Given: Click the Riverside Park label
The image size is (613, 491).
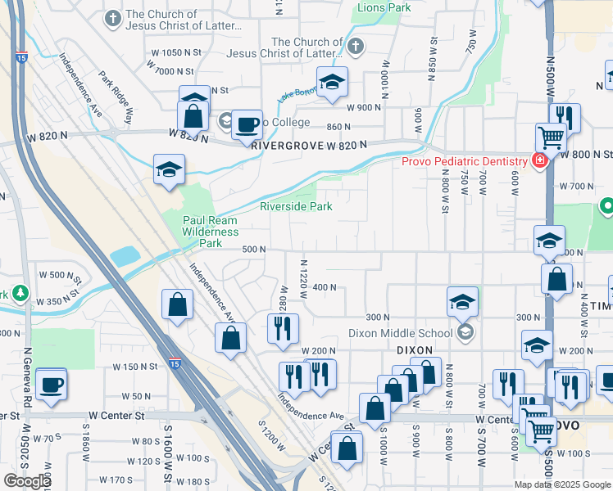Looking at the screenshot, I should pyautogui.click(x=296, y=207).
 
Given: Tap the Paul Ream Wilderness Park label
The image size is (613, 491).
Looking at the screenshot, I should pyautogui.click(x=210, y=232).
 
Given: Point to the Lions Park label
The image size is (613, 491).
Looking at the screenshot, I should pyautogui.click(x=384, y=7).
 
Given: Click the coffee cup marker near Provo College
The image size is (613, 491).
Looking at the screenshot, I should pyautogui.click(x=246, y=126).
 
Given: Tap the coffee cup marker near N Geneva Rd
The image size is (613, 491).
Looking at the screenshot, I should pyautogui.click(x=51, y=384).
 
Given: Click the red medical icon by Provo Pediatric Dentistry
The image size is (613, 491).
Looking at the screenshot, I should pyautogui.click(x=539, y=160).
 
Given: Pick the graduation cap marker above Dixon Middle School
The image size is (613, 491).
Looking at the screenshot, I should pyautogui.click(x=462, y=302).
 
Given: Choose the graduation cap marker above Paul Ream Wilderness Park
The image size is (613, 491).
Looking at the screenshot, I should pyautogui.click(x=169, y=169).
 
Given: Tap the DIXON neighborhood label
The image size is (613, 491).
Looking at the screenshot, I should pyautogui.click(x=414, y=349).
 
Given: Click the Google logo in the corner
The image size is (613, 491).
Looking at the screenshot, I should pyautogui.click(x=27, y=481).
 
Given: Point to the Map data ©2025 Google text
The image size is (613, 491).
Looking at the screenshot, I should pyautogui.click(x=562, y=484).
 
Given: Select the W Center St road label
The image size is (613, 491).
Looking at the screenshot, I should pyautogui.click(x=120, y=416).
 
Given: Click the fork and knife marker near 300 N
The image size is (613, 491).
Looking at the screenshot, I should pyautogui.click(x=282, y=327).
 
